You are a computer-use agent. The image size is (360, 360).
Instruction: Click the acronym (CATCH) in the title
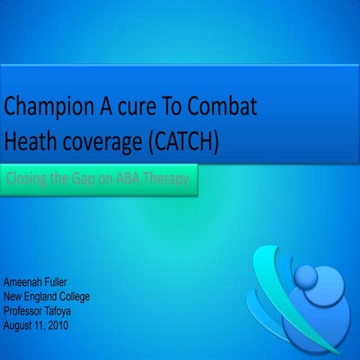[187, 140]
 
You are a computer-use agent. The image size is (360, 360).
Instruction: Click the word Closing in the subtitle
[27, 181]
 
